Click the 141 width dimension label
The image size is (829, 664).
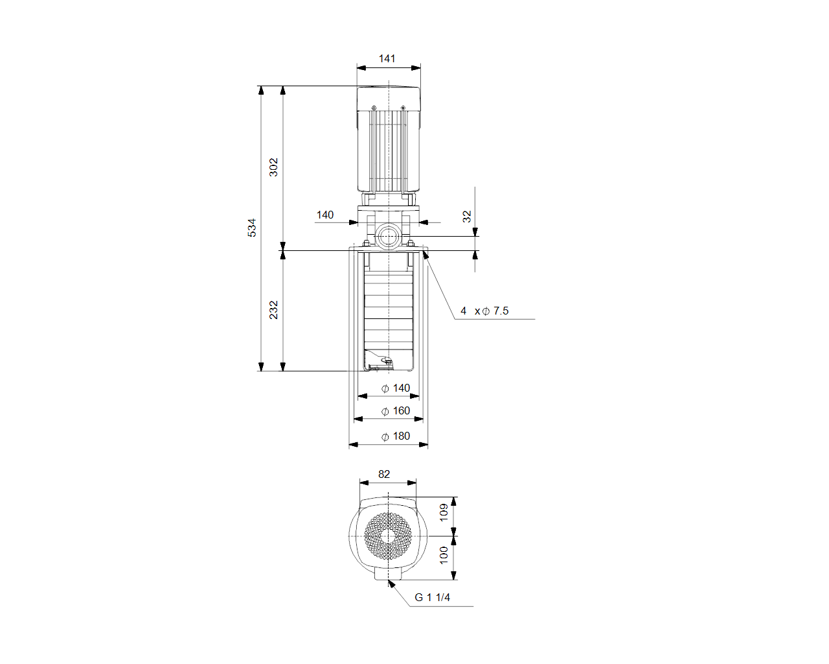387,58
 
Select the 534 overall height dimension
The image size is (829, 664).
251,228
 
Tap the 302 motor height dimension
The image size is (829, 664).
273,167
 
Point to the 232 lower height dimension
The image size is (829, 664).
273,310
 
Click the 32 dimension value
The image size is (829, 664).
466,217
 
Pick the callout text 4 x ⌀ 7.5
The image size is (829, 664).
484,311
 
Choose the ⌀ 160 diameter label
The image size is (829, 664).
396,410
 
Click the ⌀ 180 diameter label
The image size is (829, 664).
396,436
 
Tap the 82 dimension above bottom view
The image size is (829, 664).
384,474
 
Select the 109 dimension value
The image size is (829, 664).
444,512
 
